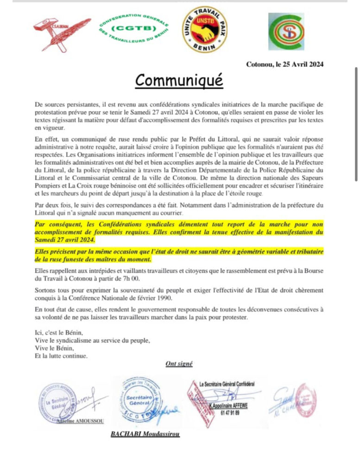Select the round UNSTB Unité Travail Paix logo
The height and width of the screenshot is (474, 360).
pos(204,30)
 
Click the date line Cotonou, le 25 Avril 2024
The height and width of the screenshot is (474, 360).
pos(284,64)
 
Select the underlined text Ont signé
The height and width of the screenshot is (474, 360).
pos(179,364)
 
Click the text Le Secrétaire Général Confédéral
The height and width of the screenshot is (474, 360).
pos(227,384)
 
